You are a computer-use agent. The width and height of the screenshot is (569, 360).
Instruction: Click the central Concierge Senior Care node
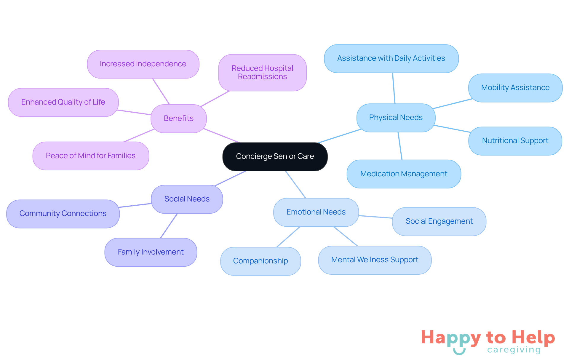pyautogui.click(x=275, y=156)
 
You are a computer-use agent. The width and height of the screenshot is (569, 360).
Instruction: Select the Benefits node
pyautogui.click(x=178, y=119)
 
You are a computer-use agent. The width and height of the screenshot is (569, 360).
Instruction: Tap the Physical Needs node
pyautogui.click(x=396, y=118)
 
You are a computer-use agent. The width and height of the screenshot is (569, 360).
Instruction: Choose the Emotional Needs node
pyautogui.click(x=316, y=212)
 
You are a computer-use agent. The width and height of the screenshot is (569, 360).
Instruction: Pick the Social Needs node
pyautogui.click(x=187, y=199)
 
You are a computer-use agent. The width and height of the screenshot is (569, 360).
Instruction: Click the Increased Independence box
pyautogui.click(x=143, y=64)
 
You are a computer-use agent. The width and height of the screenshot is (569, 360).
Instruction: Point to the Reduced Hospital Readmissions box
pyautogui.click(x=262, y=73)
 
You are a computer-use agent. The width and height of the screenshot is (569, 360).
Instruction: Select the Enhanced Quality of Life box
pyautogui.click(x=63, y=102)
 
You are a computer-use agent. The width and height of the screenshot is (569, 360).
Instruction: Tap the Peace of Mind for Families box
pyautogui.click(x=91, y=156)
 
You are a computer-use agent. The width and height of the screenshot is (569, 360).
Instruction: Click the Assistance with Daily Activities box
pyautogui.click(x=391, y=58)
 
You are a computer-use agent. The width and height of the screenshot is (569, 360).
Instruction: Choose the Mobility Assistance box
pyautogui.click(x=515, y=88)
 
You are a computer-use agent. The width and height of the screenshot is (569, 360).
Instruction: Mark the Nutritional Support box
pyautogui.click(x=515, y=141)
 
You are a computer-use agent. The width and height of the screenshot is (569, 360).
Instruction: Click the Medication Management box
pyautogui.click(x=404, y=174)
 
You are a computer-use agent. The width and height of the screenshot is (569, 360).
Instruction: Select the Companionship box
pyautogui.click(x=260, y=261)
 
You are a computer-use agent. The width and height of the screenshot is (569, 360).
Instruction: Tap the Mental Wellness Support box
pyautogui.click(x=375, y=260)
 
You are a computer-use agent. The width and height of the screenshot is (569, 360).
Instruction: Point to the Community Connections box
pyautogui.click(x=63, y=214)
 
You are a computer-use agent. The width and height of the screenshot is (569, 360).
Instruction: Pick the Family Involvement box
pyautogui.click(x=151, y=252)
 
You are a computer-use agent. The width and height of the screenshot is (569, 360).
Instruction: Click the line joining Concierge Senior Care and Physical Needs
pyautogui.click(x=340, y=136)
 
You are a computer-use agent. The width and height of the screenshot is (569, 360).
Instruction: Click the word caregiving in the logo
pyautogui.click(x=514, y=350)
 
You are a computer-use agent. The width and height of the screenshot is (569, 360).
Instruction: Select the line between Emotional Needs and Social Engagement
pyautogui.click(x=375, y=217)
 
